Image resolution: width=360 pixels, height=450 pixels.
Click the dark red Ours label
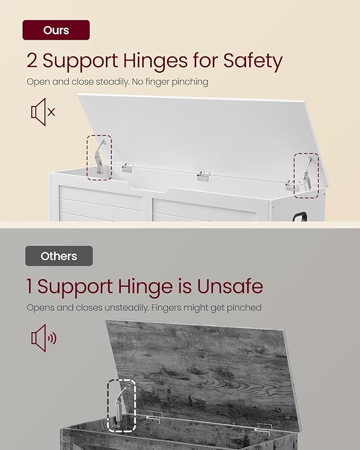56,30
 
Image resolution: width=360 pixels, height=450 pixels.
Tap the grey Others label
59,256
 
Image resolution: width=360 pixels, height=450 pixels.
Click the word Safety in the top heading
253,61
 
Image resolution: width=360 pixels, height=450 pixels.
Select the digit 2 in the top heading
32,60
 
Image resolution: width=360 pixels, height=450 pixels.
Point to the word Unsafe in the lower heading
230,286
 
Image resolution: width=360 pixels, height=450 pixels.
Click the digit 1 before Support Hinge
29,286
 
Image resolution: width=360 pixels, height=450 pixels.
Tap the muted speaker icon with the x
43,112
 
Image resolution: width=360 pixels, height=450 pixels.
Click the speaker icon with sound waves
43,338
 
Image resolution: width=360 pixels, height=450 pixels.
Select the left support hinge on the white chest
100,157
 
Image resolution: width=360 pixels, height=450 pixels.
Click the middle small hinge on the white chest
204,176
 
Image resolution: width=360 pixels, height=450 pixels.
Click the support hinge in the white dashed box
121,406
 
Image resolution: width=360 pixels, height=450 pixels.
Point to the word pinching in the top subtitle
190,82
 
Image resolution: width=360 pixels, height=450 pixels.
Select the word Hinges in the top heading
155,61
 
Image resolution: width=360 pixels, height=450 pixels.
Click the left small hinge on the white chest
128,168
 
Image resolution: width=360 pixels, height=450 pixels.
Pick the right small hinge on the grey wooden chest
263,430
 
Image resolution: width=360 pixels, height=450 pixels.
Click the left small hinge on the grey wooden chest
154,417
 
